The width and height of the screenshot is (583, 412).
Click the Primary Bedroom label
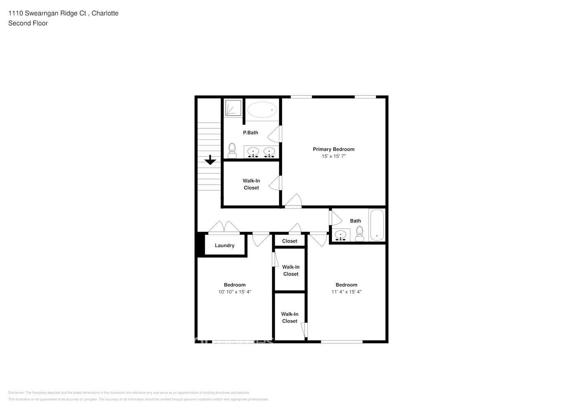[333, 149]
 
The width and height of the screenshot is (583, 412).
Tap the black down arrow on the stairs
[210, 160]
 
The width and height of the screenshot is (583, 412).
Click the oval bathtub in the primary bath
[262, 110]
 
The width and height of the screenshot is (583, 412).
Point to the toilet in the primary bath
[232, 150]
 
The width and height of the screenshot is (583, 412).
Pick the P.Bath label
[250, 133]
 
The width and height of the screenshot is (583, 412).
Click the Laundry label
[224, 246]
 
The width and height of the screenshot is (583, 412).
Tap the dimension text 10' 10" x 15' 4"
[235, 292]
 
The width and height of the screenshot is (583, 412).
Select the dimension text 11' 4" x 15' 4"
[346, 292]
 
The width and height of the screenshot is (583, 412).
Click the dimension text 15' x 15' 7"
[333, 157]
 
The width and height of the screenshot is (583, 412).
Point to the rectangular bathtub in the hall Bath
[377, 225]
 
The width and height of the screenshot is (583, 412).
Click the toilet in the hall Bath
[359, 233]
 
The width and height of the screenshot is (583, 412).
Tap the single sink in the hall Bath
[341, 235]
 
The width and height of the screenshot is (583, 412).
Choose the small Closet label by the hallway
[289, 241]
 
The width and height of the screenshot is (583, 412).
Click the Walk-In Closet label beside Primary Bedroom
[251, 184]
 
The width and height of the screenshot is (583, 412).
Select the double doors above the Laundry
[224, 227]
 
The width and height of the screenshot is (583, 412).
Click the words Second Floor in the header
[28, 23]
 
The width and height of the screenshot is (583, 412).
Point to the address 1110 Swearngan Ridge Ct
[47, 13]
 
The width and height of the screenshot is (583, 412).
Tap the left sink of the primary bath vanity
[253, 152]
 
